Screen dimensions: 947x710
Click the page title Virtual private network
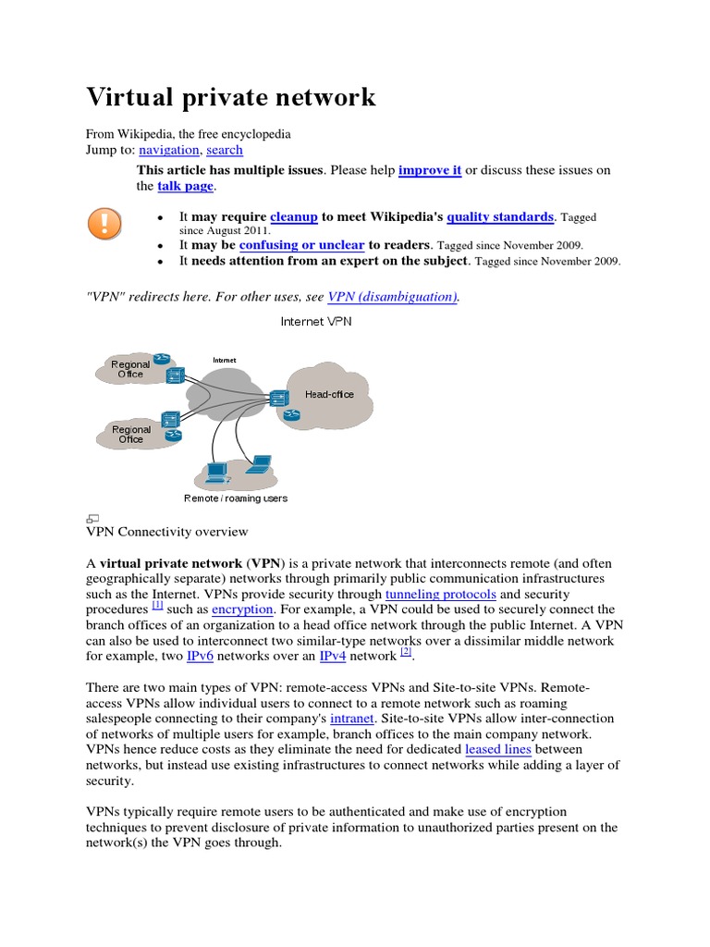(x=231, y=97)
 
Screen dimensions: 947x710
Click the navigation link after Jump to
(x=168, y=150)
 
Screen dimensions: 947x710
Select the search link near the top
(x=225, y=150)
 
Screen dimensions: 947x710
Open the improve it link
(x=430, y=171)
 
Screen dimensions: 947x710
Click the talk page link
(x=185, y=186)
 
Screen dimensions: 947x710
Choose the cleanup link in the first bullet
(x=293, y=216)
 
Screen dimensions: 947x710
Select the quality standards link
(x=499, y=216)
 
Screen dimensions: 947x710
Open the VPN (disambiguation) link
(x=393, y=297)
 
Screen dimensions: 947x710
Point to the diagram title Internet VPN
(x=315, y=322)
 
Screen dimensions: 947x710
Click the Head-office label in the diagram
(x=329, y=394)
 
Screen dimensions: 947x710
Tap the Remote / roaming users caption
(x=236, y=498)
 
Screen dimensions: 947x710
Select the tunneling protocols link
(x=441, y=594)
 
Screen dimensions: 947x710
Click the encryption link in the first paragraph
(x=242, y=609)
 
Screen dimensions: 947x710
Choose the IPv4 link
(x=333, y=656)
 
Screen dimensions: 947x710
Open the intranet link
(x=351, y=718)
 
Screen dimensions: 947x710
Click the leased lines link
(x=498, y=749)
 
